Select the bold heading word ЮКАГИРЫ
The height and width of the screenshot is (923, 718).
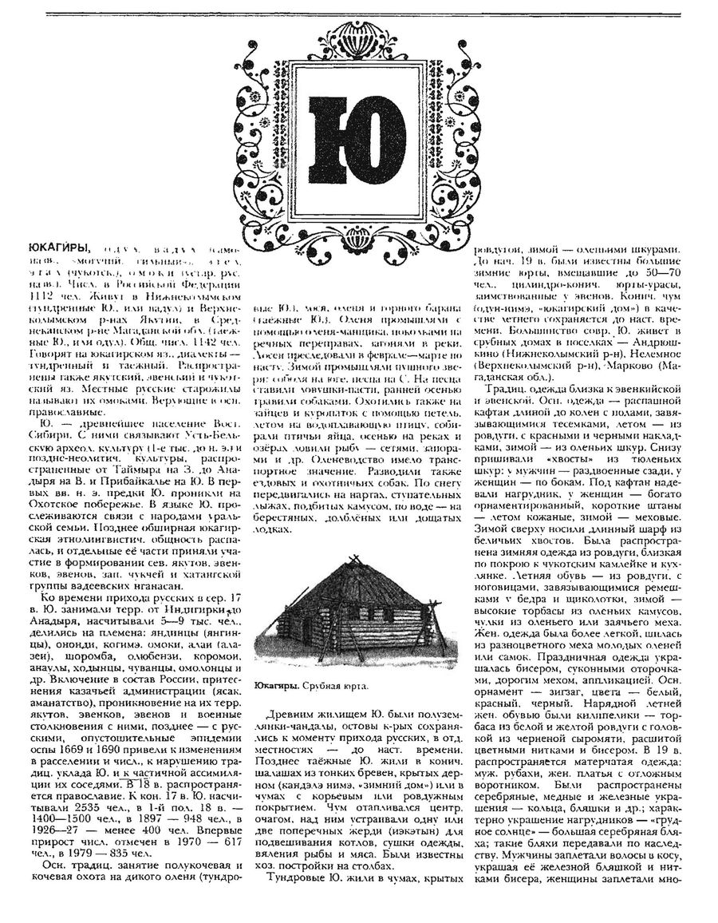click(x=57, y=247)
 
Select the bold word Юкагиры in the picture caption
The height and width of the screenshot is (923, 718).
click(x=275, y=685)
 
